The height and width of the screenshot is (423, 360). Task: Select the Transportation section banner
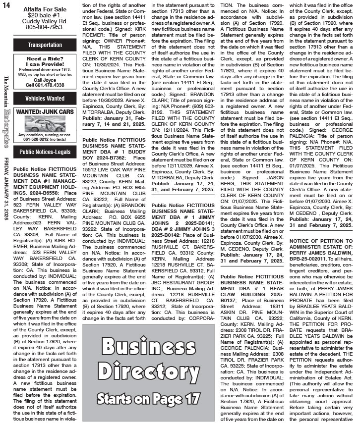click(x=45, y=45)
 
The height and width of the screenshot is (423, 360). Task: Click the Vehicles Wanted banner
click(x=45, y=98)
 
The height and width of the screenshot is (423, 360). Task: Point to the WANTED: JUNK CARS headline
click(x=45, y=112)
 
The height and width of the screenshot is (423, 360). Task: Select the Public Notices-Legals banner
click(x=45, y=152)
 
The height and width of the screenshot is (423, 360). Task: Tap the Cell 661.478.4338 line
click(x=45, y=85)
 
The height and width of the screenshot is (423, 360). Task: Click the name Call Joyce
click(x=45, y=80)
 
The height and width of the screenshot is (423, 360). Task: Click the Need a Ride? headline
click(x=45, y=58)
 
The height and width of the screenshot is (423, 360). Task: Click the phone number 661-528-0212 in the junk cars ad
click(x=34, y=139)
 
